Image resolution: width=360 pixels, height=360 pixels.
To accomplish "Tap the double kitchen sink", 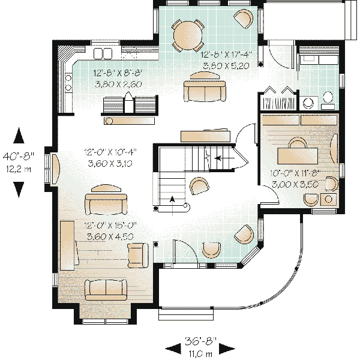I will tap(103, 54).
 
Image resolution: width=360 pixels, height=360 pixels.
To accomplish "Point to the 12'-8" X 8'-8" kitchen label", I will tap(118, 74).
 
